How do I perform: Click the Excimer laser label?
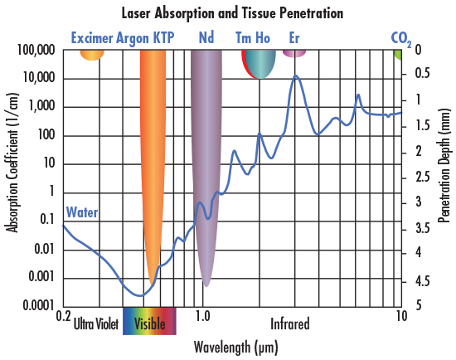[x=92, y=38]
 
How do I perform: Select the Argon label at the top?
[x=133, y=38]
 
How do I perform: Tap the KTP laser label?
[x=163, y=38]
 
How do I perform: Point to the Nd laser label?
[x=206, y=38]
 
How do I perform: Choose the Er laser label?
[x=294, y=38]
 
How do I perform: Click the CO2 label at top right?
[x=400, y=39]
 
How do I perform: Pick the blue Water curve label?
[x=82, y=212]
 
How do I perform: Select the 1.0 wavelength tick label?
[x=202, y=316]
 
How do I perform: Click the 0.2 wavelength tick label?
[x=63, y=316]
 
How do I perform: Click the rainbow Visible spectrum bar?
[x=149, y=323]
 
